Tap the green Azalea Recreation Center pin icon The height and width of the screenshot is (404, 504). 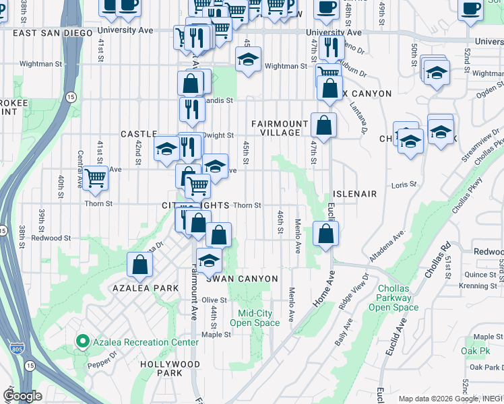point(83,342)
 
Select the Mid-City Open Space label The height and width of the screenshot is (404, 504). point(254,318)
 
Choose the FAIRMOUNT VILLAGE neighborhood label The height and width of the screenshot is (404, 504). point(276,128)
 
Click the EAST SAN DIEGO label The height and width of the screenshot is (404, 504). point(52,32)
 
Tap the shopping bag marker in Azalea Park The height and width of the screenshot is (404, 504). point(140,265)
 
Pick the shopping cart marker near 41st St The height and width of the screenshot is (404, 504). point(96,178)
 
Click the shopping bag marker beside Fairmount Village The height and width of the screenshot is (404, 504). point(324,125)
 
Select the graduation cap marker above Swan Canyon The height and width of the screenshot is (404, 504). point(209,259)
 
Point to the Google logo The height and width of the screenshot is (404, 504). point(22,396)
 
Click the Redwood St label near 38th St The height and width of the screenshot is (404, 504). point(51,238)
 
